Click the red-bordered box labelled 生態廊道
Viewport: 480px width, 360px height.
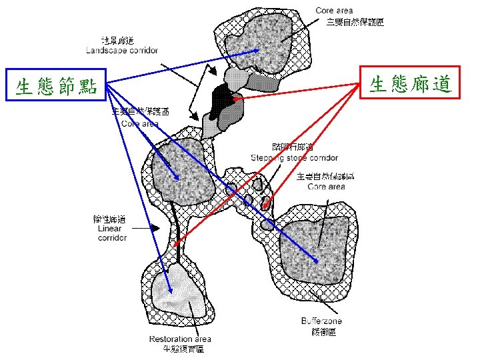coord(410,83)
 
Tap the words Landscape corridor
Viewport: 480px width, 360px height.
coord(122,50)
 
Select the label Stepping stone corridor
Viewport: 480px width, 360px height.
coord(294,158)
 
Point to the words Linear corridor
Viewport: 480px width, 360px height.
coord(111,233)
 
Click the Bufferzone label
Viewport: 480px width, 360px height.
coord(321,321)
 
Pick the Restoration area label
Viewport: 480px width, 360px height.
coord(180,339)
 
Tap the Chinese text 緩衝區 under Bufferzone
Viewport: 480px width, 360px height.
coord(321,331)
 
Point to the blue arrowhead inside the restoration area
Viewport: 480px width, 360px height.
coord(171,291)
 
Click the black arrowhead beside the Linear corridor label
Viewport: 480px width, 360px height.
coord(155,227)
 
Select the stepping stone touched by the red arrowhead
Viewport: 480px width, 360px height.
coord(266,202)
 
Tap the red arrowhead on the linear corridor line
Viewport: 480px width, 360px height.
coord(177,244)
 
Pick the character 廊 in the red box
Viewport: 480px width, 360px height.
coord(420,83)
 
